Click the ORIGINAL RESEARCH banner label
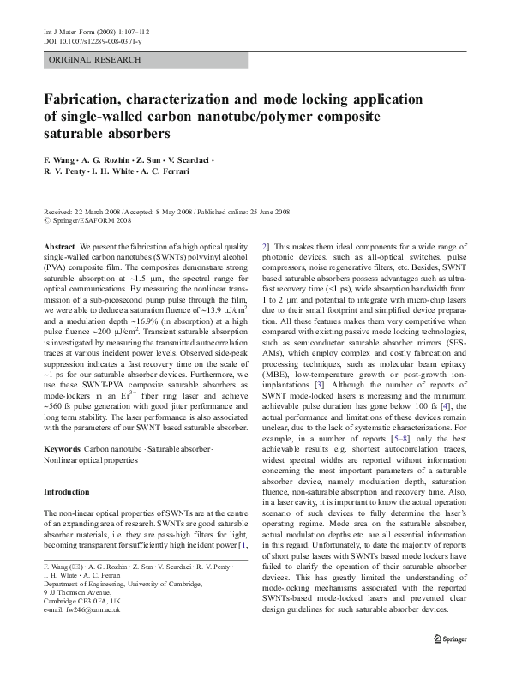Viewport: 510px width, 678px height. (82, 59)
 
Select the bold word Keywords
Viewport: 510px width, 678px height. (63, 448)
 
